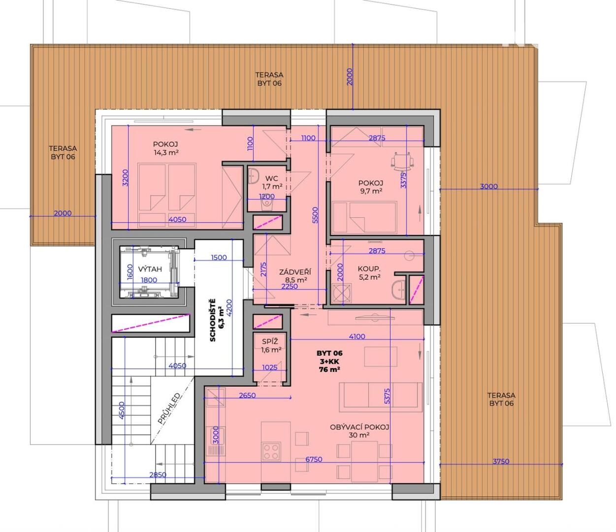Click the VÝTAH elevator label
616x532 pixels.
click(150, 269)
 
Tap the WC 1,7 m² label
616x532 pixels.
click(272, 182)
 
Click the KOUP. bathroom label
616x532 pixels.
click(369, 269)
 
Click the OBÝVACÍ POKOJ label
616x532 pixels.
click(359, 428)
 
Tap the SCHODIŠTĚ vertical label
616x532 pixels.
click(213, 320)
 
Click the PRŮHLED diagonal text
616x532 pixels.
click(169, 409)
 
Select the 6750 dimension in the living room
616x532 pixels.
click(314, 459)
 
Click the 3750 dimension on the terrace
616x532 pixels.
click(501, 462)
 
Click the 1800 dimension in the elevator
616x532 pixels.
click(149, 280)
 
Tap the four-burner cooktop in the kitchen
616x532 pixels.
click(271, 452)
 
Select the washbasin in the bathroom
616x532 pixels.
click(399, 289)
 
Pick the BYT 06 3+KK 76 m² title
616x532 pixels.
click(329, 361)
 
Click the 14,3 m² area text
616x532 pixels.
click(166, 153)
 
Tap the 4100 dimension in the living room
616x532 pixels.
click(357, 336)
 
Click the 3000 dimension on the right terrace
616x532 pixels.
click(489, 186)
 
